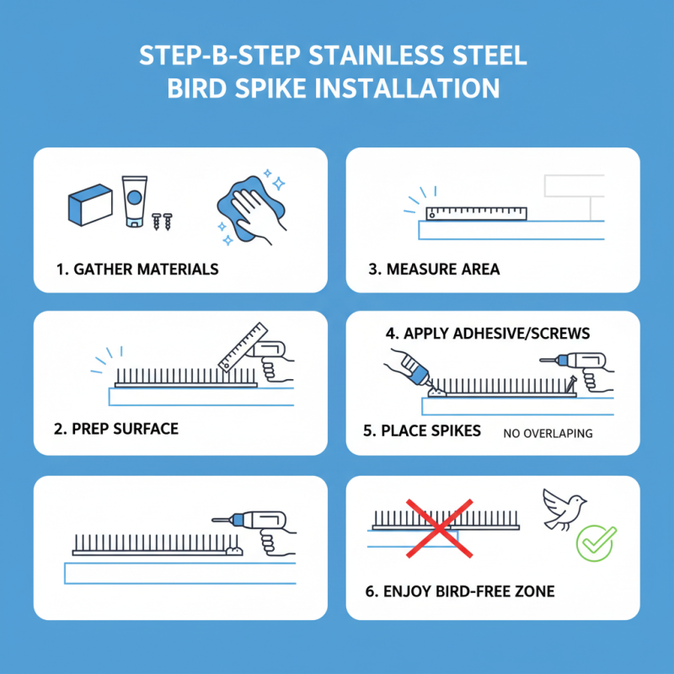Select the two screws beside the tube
coord(162,222)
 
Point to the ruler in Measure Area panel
coord(476,213)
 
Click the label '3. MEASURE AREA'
coord(433,270)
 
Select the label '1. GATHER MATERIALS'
coord(137,270)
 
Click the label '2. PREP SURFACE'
coord(116,429)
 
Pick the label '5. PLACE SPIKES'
coord(422,431)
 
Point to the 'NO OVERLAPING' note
coord(548,434)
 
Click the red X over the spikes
coord(437,527)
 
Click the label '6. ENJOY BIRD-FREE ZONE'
coord(460,591)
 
